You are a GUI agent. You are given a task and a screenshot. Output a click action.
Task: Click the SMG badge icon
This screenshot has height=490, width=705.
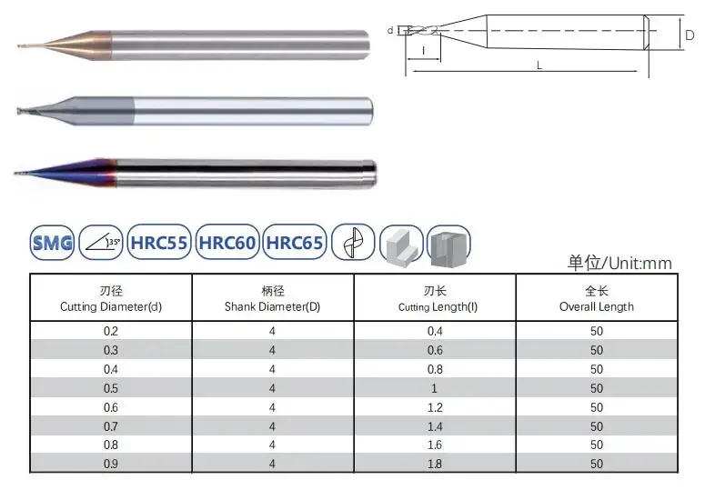pos(52,243)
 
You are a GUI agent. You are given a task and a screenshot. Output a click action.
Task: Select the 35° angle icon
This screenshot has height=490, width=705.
pos(101,243)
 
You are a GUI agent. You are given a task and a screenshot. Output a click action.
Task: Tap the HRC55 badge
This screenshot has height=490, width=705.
pos(159,243)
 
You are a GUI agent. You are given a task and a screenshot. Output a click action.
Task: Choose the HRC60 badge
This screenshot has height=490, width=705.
pos(227,243)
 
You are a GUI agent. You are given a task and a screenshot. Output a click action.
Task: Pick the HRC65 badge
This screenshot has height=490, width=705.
pos(295,243)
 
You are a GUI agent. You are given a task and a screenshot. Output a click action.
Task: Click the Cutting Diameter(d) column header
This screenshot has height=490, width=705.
pos(111,299)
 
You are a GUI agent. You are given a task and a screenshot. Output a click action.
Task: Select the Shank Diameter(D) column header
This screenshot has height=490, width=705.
pos(273,299)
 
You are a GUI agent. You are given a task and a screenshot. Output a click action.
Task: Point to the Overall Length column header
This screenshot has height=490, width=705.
pos(597,299)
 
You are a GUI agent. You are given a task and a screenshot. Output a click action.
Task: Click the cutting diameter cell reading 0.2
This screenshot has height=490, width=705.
pos(111,332)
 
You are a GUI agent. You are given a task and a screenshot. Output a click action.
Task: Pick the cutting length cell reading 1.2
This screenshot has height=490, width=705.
pos(435,408)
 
